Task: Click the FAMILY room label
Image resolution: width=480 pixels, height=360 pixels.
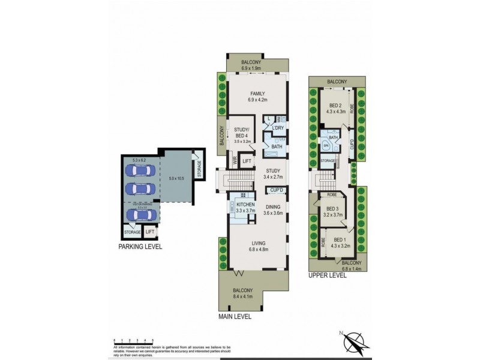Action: pyautogui.click(x=257, y=94)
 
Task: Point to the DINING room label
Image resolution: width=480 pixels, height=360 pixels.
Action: pyautogui.click(x=274, y=206)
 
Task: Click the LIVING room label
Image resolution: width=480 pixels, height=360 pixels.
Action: pyautogui.click(x=259, y=243)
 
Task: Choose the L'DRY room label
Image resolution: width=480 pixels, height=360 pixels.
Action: pyautogui.click(x=277, y=128)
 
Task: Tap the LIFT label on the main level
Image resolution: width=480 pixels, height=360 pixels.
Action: pyautogui.click(x=247, y=161)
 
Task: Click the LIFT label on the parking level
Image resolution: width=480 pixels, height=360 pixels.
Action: pyautogui.click(x=150, y=232)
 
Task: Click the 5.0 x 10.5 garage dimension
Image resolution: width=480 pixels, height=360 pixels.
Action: pyautogui.click(x=176, y=178)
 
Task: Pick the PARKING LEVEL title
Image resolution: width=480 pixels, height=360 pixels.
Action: pyautogui.click(x=140, y=246)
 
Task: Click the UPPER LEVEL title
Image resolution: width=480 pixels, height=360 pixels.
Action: pyautogui.click(x=328, y=275)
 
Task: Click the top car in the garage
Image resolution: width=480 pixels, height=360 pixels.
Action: pyautogui.click(x=139, y=170)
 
